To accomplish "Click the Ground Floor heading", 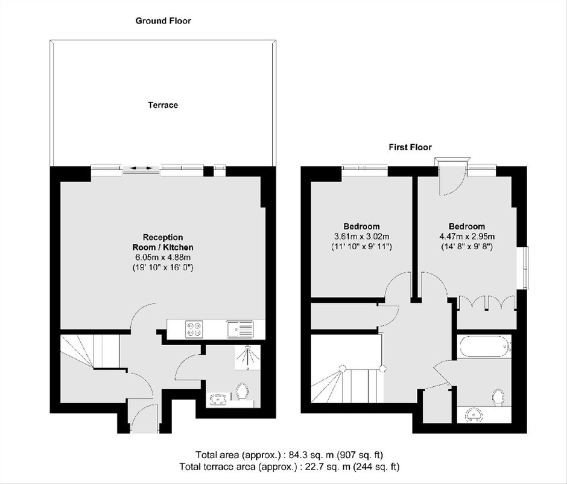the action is coord(163,21).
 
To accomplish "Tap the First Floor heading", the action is coord(410,147).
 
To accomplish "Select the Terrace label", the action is coord(163,105).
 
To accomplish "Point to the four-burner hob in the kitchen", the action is coord(194,330).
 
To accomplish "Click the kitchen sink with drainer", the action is coord(241,330).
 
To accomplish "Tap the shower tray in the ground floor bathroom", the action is coord(247,357).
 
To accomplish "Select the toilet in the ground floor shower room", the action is coord(242,392).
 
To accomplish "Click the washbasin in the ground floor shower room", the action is coord(218,400).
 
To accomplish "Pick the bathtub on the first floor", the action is coord(484,347).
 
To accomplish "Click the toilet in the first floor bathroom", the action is coord(498,398).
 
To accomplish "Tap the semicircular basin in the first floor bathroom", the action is coord(474,415).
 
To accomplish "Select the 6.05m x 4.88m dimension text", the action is coord(163,258).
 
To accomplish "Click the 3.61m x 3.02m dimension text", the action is coord(361,237).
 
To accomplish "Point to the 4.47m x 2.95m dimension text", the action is coord(467,237).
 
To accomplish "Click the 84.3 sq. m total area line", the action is coord(290,454).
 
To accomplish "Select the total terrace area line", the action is coord(290,466).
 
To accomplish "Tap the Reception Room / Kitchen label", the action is coord(163,243).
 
